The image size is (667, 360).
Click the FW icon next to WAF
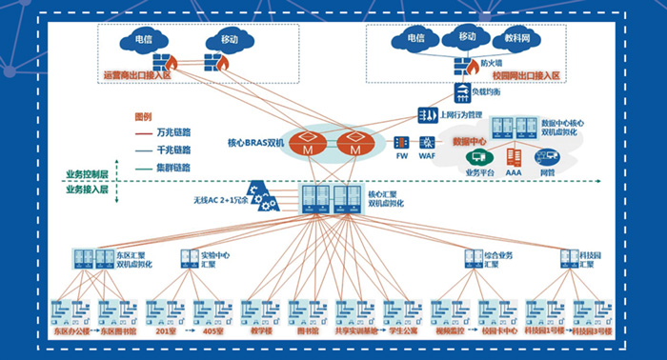point(401,142)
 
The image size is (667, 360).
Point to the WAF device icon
point(427,142)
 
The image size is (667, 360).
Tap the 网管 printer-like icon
point(548,156)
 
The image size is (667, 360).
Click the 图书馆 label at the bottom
point(306,332)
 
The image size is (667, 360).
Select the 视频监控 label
point(449,332)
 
